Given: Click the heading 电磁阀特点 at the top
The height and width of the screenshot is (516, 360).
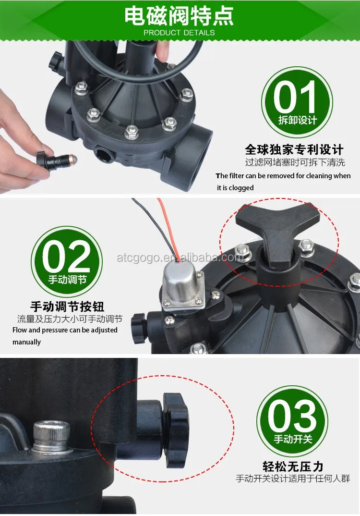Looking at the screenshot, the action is click(179, 16).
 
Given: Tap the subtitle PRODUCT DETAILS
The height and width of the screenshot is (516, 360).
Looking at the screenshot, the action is click(179, 33).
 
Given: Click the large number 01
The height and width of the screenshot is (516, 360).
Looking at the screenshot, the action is click(295, 97).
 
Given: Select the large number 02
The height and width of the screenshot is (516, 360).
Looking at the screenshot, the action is click(66, 257).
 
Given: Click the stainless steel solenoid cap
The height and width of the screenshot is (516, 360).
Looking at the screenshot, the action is click(181, 282).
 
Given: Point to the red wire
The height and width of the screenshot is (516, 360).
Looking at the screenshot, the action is click(167, 227).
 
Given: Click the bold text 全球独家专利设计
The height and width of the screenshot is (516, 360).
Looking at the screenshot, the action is click(294, 149).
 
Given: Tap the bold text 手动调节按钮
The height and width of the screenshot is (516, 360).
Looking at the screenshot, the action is click(67, 307).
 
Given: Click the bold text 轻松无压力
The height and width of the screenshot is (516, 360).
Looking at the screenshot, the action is click(293, 467).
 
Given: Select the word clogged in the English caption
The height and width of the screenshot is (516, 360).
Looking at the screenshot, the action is click(241, 188).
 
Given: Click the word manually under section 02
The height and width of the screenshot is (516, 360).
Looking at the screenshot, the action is click(26, 342).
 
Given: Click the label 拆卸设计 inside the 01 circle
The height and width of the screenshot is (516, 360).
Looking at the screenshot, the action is click(298, 120).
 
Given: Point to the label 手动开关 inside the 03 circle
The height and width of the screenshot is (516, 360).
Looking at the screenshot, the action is click(293, 439).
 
